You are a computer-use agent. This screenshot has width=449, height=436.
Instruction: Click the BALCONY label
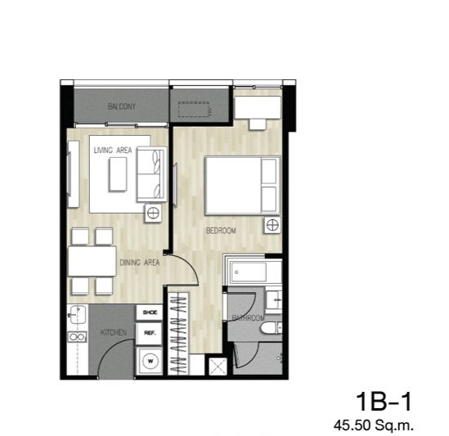[121, 106]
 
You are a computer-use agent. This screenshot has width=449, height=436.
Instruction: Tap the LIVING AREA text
[113, 150]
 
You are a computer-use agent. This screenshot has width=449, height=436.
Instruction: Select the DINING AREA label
[140, 263]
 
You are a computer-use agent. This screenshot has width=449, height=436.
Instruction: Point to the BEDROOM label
[221, 231]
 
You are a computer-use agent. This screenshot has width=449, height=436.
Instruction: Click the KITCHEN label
[114, 332]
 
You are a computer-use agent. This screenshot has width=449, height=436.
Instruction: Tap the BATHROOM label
[248, 317]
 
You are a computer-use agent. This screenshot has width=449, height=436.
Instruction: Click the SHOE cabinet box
[150, 312]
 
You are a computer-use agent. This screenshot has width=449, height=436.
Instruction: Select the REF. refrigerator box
[150, 333]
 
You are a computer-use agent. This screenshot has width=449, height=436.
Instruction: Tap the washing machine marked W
[150, 361]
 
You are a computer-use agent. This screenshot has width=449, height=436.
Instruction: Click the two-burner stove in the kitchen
[77, 337]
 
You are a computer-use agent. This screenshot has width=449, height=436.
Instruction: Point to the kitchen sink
[77, 315]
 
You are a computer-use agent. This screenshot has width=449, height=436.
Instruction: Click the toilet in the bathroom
[272, 327]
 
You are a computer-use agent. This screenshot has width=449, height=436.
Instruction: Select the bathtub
[250, 272]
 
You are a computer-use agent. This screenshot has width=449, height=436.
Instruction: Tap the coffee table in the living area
[118, 174]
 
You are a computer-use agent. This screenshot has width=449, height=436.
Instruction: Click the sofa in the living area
[151, 174]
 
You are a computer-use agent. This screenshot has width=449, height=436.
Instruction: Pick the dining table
[92, 261]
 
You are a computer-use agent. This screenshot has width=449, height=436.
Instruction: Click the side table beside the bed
[272, 225]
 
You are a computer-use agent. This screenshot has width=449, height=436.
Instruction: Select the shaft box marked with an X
[218, 366]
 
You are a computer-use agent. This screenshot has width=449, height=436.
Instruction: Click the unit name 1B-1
[384, 402]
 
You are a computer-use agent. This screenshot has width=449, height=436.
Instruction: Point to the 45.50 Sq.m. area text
[374, 425]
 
